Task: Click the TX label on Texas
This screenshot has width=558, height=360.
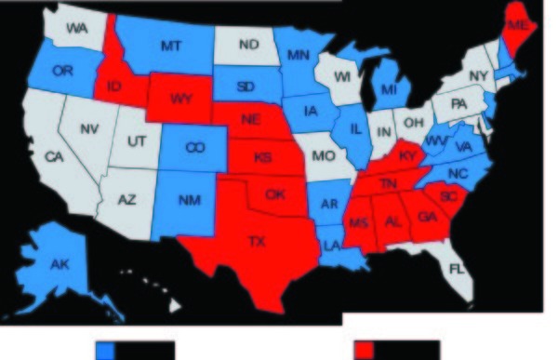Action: pyautogui.click(x=256, y=242)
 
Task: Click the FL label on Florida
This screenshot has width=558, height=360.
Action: pyautogui.click(x=455, y=270)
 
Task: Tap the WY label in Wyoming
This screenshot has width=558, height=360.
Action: pyautogui.click(x=171, y=98)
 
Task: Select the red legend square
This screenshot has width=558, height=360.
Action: pyautogui.click(x=366, y=350)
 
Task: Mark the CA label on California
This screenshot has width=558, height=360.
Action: pyautogui.click(x=53, y=157)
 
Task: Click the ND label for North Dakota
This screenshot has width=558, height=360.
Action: pyautogui.click(x=246, y=44)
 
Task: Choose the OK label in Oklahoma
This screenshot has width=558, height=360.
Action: pyautogui.click(x=274, y=195)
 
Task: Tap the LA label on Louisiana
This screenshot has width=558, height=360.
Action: pyautogui.click(x=331, y=246)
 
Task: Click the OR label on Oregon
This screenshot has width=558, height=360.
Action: pyautogui.click(x=61, y=71)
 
